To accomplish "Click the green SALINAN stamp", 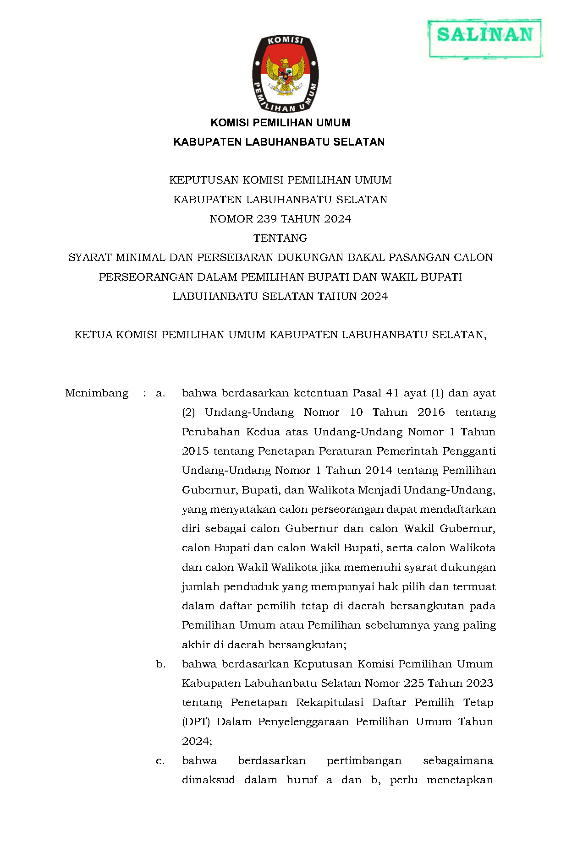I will (x=485, y=38).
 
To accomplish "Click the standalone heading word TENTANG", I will (x=280, y=238).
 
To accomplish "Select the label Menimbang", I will (x=97, y=393).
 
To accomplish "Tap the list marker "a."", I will (x=160, y=393).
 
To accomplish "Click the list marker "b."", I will (x=160, y=664).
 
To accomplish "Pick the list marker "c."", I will (x=160, y=760).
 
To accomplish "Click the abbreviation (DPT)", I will (x=196, y=722).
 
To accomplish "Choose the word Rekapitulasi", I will (x=330, y=702).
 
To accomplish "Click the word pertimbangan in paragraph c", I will (x=364, y=760).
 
